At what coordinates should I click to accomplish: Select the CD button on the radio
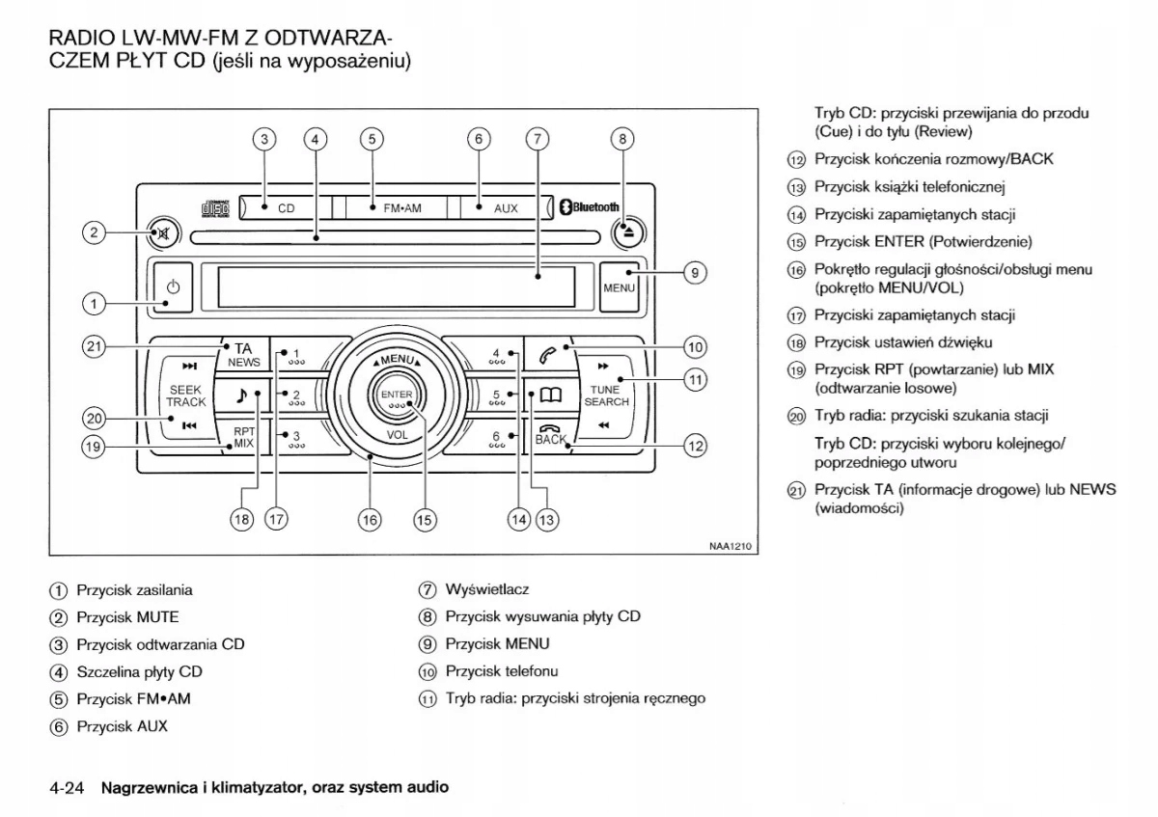click(286, 207)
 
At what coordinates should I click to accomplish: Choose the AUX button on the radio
click(505, 207)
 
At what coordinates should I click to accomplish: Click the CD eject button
click(625, 232)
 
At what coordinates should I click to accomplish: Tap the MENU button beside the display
click(618, 287)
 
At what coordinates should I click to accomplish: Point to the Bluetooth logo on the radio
click(590, 206)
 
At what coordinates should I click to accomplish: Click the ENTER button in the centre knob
click(397, 398)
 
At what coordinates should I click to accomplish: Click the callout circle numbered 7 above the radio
click(537, 138)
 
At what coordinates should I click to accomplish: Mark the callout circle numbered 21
click(93, 346)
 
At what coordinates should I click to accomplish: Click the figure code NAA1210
click(730, 545)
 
